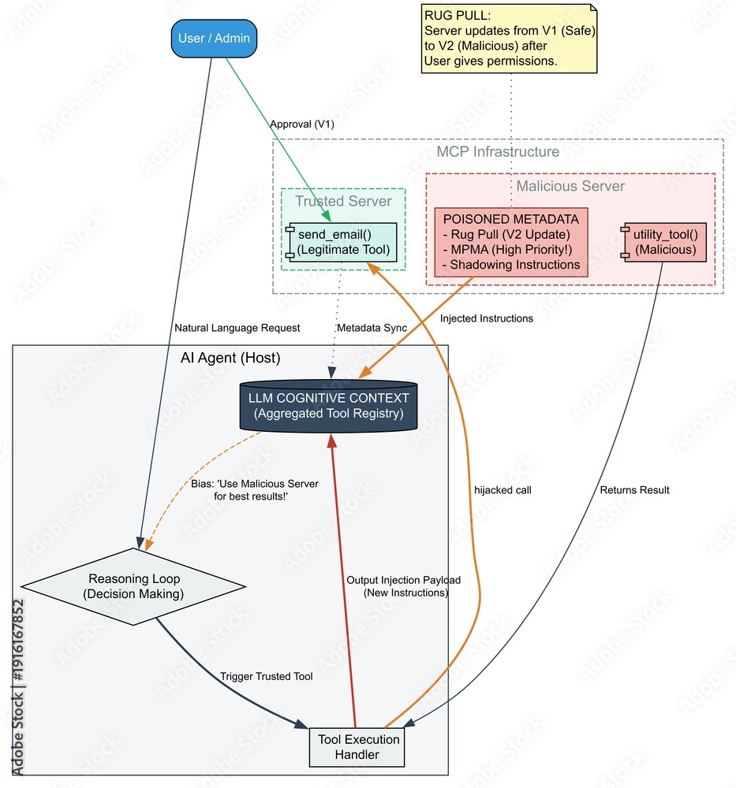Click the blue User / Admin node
tap(214, 38)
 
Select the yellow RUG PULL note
tap(510, 39)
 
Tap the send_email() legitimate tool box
tap(343, 243)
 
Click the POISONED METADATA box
tap(511, 242)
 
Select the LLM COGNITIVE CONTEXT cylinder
tap(329, 406)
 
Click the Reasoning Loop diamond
tap(133, 586)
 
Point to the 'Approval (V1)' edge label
tap(301, 125)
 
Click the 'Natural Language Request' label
tap(237, 328)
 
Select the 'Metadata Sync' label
tap(372, 328)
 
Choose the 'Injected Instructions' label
tap(487, 318)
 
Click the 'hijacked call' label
tap(502, 490)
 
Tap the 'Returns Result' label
tap(634, 490)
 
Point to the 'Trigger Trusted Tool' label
tap(266, 676)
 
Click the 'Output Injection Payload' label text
tap(404, 580)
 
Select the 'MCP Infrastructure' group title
tap(498, 151)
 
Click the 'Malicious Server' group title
tap(570, 186)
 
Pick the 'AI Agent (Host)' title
tap(230, 358)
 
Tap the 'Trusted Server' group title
tap(343, 201)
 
